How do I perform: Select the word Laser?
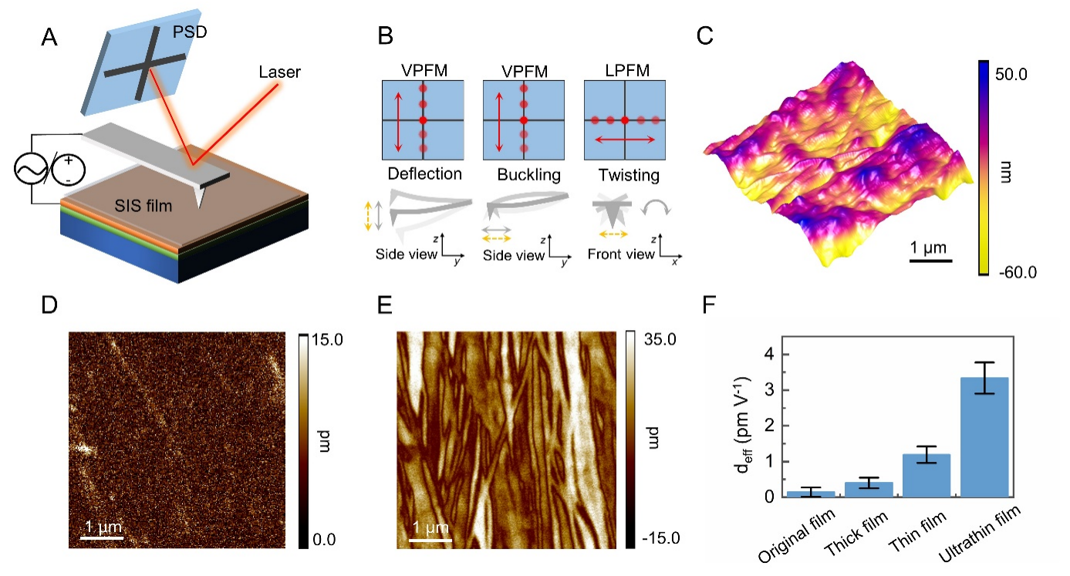click(281, 72)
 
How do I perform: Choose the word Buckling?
click(523, 174)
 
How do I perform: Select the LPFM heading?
click(623, 72)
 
